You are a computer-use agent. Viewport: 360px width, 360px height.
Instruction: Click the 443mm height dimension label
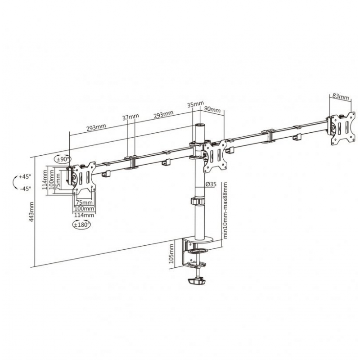click(x=31, y=211)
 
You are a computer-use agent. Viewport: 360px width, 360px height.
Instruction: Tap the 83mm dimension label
click(x=341, y=96)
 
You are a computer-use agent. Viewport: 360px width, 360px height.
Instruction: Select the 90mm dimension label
click(x=212, y=109)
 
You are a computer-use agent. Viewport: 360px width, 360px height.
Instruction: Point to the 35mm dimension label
click(x=195, y=104)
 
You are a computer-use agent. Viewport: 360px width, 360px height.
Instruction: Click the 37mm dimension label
click(x=130, y=117)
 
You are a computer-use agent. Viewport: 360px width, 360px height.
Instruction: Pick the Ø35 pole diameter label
click(x=211, y=184)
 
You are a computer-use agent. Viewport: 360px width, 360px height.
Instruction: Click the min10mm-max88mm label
click(x=225, y=210)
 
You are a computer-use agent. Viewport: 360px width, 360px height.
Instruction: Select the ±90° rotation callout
click(x=63, y=159)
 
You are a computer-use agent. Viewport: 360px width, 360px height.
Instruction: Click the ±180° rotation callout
click(x=81, y=224)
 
